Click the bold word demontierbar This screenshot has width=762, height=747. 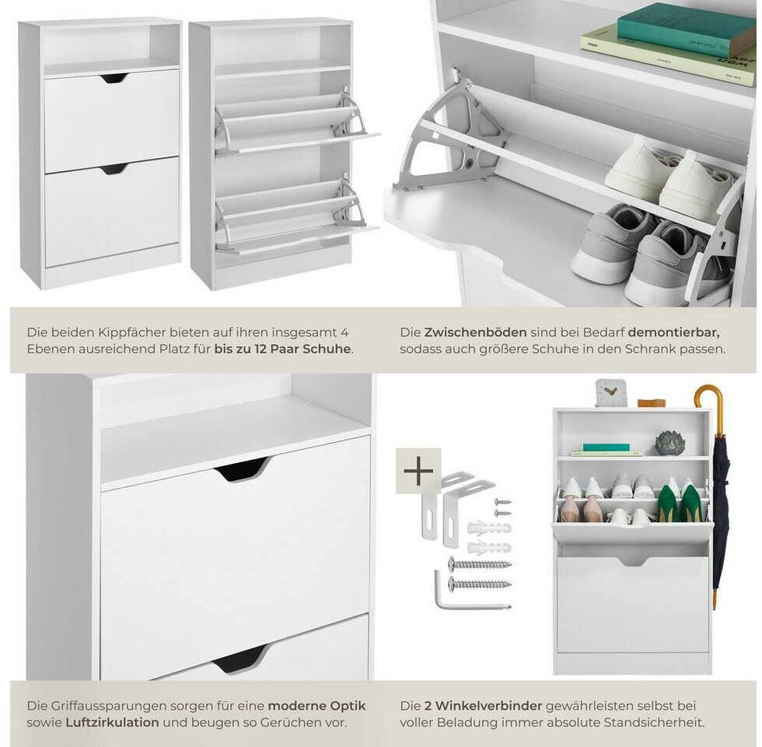tap(674, 333)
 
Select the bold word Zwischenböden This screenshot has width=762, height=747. tap(475, 333)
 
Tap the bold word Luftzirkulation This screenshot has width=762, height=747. tap(112, 722)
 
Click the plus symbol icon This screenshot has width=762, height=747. tap(418, 471)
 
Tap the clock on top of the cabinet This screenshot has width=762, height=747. tap(610, 392)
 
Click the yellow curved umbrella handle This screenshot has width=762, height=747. tap(708, 402)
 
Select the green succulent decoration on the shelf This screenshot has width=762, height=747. tap(670, 444)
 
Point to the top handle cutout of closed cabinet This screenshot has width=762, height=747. tap(115, 79)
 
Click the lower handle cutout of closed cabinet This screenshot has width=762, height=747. tap(114, 170)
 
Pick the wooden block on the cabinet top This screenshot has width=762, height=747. tap(652, 403)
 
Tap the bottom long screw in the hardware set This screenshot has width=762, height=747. tap(480, 584)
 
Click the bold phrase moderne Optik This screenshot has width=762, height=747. tap(316, 706)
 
